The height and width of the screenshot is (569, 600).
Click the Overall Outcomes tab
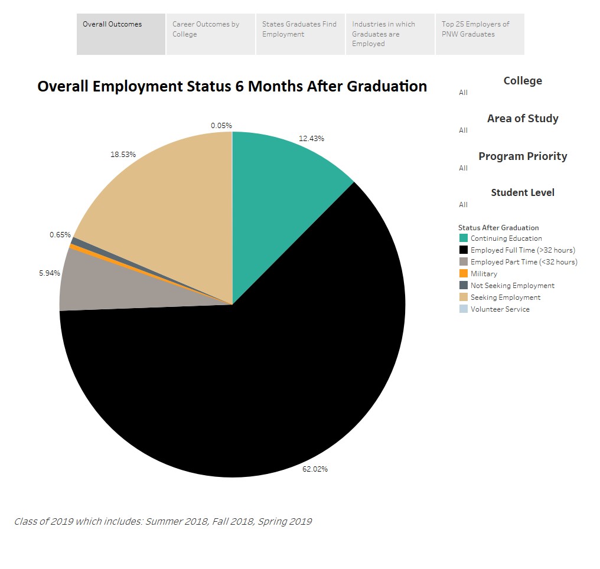tap(120, 34)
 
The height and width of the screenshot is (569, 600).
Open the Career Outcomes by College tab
tap(211, 34)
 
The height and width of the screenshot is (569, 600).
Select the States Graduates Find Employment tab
tap(301, 34)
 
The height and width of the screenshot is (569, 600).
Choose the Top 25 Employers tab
tap(480, 34)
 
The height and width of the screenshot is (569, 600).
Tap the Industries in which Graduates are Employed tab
tap(390, 34)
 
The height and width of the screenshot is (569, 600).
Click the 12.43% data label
tap(311, 139)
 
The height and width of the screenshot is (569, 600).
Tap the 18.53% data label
tap(123, 155)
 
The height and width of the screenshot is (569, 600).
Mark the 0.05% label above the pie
tap(221, 126)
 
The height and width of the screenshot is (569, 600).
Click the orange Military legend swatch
tap(464, 274)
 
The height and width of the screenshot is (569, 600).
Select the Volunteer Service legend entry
tap(500, 309)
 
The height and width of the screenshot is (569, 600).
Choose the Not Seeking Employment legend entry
tap(512, 286)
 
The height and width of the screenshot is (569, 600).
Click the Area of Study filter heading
tap(523, 119)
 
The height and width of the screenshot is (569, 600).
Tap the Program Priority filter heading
tap(523, 156)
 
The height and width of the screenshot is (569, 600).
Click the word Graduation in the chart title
tap(387, 87)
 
